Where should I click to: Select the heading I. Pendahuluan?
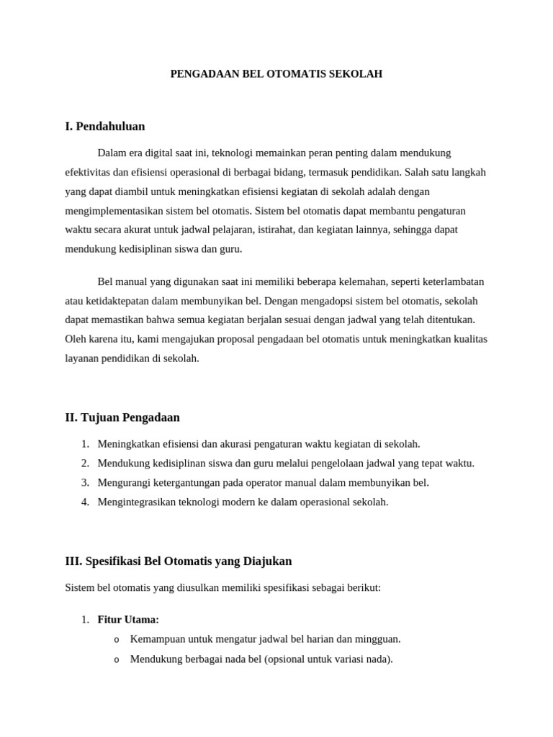pos(104,127)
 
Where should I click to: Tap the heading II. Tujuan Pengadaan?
pos(122,417)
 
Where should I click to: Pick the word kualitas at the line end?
pos(469,339)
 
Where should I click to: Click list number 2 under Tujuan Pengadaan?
pos(84,464)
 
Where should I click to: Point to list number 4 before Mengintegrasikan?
pos(84,502)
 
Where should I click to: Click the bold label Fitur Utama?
pos(127,620)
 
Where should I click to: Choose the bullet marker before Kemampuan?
pos(116,640)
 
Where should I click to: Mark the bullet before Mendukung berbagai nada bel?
pos(116,659)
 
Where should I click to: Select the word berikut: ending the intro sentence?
pos(361,588)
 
